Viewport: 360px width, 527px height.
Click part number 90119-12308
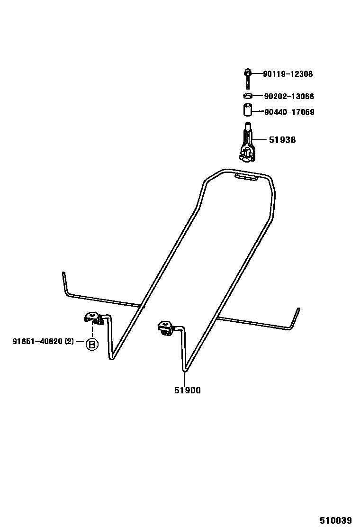click(x=288, y=74)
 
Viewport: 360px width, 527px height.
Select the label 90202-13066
click(x=288, y=96)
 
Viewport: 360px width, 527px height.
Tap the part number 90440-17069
click(x=289, y=112)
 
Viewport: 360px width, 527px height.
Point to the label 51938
click(x=282, y=140)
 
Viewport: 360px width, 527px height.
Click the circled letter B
click(x=91, y=344)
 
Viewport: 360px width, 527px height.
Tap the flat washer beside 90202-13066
click(x=247, y=96)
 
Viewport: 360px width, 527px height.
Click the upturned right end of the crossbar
click(x=297, y=316)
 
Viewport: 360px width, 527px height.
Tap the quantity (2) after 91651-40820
click(x=69, y=342)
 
